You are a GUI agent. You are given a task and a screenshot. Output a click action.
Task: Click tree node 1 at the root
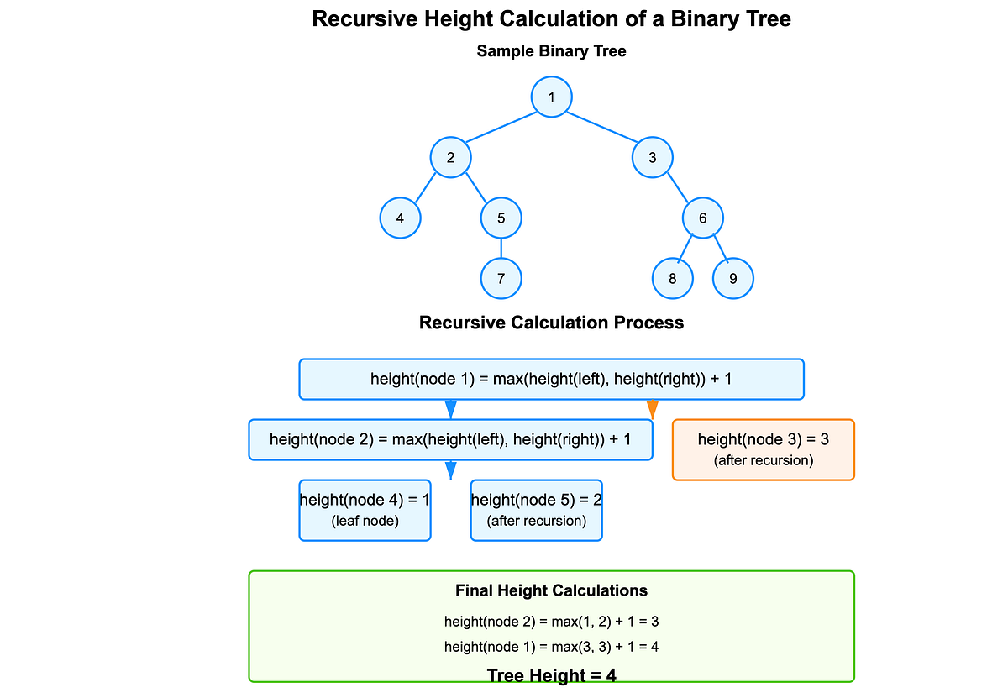click(x=552, y=97)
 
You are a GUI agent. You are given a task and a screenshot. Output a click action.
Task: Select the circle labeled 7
click(x=501, y=278)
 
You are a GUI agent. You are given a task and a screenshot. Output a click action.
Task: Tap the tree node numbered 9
click(x=733, y=278)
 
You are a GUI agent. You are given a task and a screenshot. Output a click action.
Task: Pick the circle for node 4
click(x=401, y=218)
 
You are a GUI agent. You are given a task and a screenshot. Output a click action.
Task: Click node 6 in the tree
click(x=703, y=218)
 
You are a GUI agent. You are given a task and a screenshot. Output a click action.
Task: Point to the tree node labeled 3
click(x=653, y=157)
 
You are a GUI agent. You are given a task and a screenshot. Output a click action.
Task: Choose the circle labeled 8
click(x=673, y=278)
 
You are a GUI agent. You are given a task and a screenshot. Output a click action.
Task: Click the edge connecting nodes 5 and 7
click(x=501, y=248)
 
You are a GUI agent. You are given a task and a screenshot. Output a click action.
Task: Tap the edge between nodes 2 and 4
click(x=425, y=188)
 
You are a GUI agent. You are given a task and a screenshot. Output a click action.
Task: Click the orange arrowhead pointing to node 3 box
click(x=653, y=410)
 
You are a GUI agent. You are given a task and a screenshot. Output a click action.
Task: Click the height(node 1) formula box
click(x=552, y=379)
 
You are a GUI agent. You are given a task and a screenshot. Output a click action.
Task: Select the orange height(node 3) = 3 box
click(x=764, y=449)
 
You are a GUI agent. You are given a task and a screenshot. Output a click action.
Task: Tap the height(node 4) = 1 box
click(x=365, y=510)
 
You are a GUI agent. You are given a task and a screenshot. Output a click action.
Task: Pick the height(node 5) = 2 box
click(x=537, y=510)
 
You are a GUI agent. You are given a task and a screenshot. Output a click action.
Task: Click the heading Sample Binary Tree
click(x=552, y=51)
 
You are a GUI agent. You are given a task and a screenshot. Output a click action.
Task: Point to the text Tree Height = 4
click(x=552, y=675)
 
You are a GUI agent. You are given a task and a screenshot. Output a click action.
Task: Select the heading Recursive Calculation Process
click(x=552, y=323)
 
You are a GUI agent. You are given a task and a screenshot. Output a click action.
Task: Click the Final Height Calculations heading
click(x=552, y=591)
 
